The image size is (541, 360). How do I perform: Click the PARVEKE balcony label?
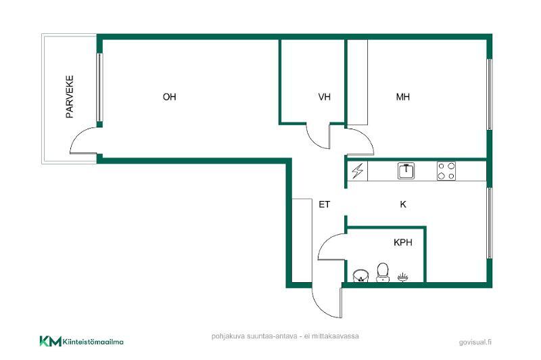(x=70, y=97)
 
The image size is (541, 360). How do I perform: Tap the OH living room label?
(x=170, y=97)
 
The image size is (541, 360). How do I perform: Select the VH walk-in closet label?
(x=325, y=97)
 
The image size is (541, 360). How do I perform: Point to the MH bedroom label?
(x=403, y=97)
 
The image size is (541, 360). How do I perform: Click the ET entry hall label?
(x=325, y=204)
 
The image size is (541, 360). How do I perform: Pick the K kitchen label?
(x=403, y=204)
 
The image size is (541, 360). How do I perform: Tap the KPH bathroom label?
(x=403, y=242)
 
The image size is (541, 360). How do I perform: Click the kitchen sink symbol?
(x=406, y=171)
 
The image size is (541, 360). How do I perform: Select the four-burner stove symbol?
(x=446, y=171)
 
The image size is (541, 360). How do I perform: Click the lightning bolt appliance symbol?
(x=358, y=171)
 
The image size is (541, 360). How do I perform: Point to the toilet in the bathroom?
(x=382, y=273)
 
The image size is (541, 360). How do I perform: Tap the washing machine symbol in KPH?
(x=360, y=276)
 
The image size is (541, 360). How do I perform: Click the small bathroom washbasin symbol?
(x=403, y=277)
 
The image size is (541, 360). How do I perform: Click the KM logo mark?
(x=50, y=341)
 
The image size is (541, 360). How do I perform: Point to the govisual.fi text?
(x=475, y=342)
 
